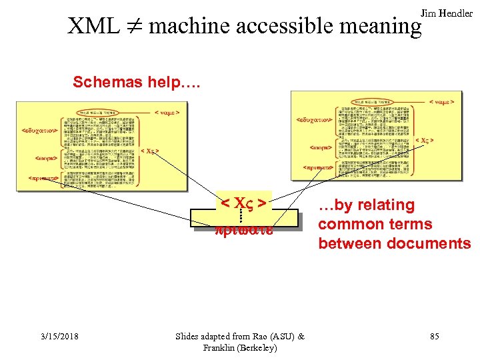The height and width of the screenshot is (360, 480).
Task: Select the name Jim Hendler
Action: click(447, 13)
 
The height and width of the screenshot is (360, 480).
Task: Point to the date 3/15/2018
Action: click(57, 337)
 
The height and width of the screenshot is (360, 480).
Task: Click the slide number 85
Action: click(434, 337)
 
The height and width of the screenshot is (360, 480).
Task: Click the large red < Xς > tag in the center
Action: click(244, 201)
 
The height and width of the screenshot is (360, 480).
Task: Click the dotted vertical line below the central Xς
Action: click(240, 215)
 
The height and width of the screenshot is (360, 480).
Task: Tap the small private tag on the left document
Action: click(43, 178)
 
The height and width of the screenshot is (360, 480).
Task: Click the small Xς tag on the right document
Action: click(424, 141)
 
